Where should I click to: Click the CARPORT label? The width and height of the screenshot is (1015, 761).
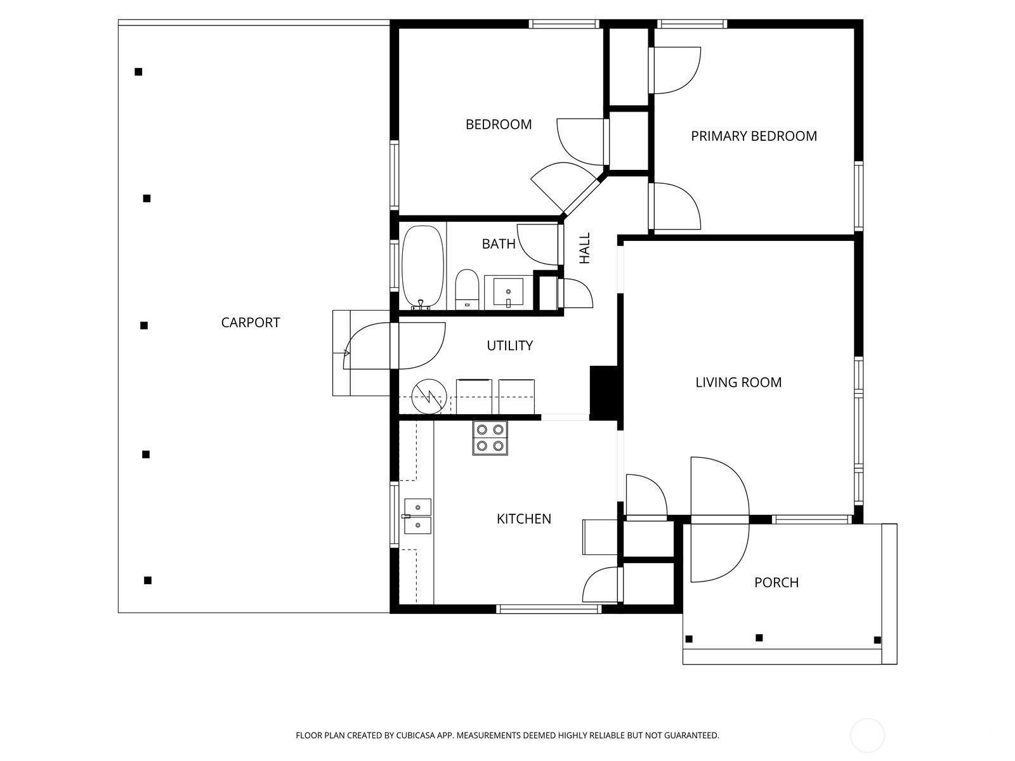pos(251,322)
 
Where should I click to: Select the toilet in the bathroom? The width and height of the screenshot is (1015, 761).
pos(467,289)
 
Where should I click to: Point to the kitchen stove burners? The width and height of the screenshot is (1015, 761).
pos(490,438)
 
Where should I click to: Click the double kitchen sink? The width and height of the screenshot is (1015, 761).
pos(418,516)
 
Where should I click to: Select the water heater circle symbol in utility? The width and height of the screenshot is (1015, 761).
pos(429,398)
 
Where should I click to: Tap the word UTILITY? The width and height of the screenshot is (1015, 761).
pos(509,346)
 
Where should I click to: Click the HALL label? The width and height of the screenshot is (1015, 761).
pos(585,248)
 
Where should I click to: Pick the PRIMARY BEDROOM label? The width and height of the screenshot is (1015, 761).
pos(754,136)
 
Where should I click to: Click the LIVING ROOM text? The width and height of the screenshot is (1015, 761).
pos(738,382)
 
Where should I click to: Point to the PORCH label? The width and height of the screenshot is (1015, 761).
pos(776,582)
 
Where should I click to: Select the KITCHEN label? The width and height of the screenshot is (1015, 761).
pos(523,519)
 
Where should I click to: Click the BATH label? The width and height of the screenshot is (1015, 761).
pos(499,244)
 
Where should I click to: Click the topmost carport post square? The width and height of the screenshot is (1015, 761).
pos(138,72)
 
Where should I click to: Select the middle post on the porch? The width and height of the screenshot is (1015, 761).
pos(759,637)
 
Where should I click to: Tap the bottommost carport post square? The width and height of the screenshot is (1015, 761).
pos(148,580)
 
